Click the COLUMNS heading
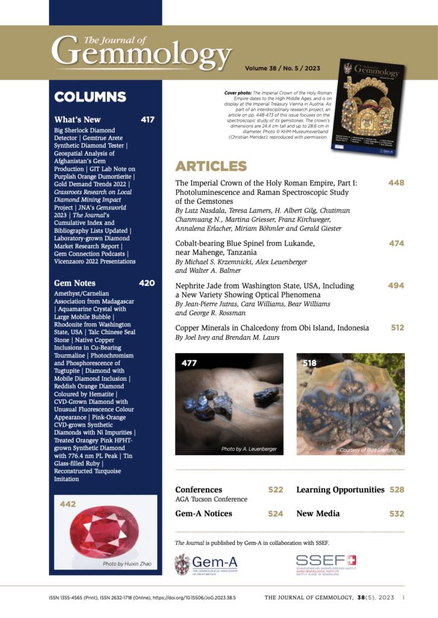[x=90, y=97]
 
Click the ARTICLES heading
[x=211, y=166]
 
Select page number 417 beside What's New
[x=147, y=119]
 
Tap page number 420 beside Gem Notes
[x=147, y=282]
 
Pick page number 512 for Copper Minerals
[x=397, y=328]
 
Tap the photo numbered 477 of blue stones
[x=229, y=404]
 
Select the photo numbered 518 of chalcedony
[x=351, y=404]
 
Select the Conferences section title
[x=198, y=489]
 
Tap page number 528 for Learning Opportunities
[x=396, y=489]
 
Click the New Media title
[x=318, y=514]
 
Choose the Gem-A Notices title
[x=203, y=514]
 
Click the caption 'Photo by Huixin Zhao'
[x=127, y=564]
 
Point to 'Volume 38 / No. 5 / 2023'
[x=282, y=69]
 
